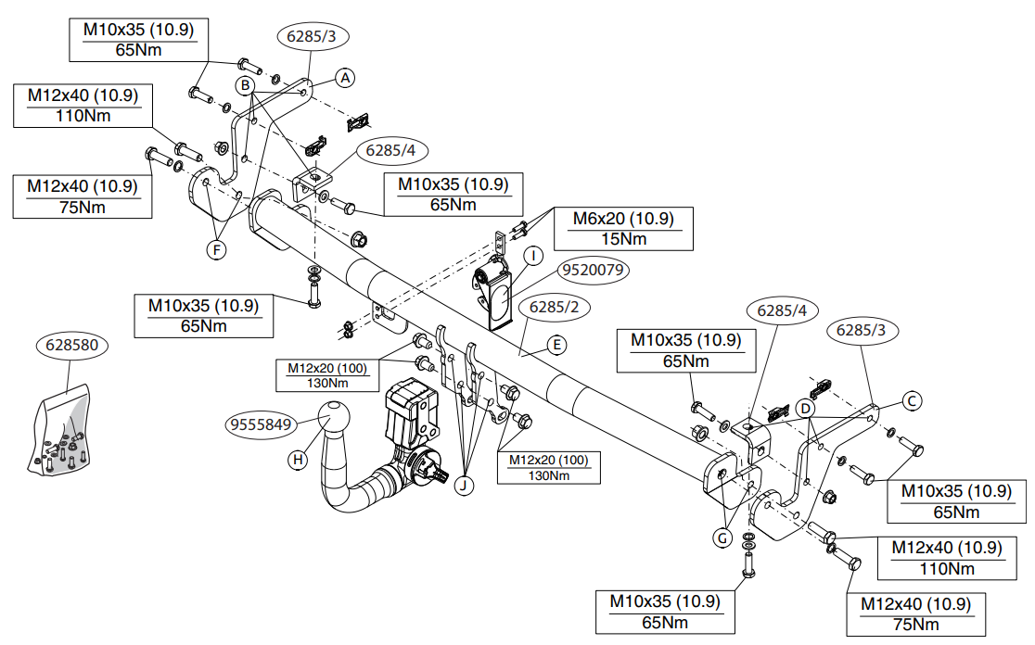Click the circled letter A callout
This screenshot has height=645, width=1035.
[x=345, y=78]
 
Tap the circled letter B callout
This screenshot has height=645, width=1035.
[x=245, y=86]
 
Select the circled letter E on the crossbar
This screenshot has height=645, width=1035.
[x=556, y=345]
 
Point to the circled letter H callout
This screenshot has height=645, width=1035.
[x=298, y=460]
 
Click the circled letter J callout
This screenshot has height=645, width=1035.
[x=464, y=486]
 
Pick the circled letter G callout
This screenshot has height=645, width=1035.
[x=722, y=538]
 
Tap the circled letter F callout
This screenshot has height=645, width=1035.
[x=216, y=250]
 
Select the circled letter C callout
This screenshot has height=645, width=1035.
[x=912, y=401]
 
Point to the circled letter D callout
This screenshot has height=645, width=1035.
[x=805, y=409]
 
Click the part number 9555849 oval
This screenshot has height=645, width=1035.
[x=262, y=424]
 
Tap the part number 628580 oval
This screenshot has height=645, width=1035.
[x=72, y=345]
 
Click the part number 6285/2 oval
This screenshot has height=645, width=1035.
[x=554, y=308]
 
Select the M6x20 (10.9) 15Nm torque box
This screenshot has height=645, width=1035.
[x=624, y=229]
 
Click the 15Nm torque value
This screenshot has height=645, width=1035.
[x=624, y=239]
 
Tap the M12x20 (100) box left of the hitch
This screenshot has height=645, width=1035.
[x=328, y=375]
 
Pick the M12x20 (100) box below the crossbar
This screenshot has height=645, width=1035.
[x=548, y=468]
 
